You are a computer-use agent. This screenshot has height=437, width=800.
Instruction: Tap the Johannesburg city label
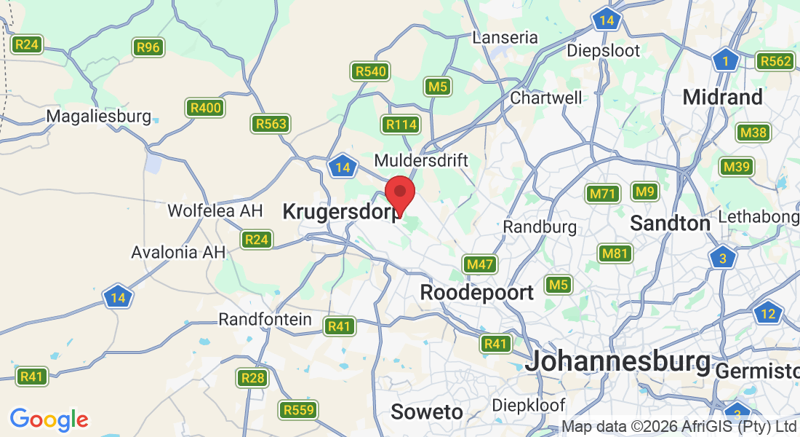(x=617, y=361)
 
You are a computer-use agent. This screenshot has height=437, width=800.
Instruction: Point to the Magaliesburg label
(x=98, y=116)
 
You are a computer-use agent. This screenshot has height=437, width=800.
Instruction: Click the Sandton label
(x=670, y=223)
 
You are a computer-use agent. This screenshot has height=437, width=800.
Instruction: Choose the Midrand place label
(x=723, y=97)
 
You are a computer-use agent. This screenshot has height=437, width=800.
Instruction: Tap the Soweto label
(x=427, y=412)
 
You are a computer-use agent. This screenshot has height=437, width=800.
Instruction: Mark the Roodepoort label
(x=477, y=293)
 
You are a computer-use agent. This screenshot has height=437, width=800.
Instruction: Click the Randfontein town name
(x=265, y=320)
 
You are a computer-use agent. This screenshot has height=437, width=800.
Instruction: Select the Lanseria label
(x=505, y=37)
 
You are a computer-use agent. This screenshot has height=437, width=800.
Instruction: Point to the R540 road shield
(x=370, y=71)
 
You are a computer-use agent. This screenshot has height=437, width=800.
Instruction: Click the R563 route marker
(x=270, y=124)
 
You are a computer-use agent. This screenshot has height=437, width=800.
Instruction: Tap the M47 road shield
(x=480, y=264)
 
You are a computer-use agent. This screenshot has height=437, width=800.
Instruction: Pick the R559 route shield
(x=300, y=410)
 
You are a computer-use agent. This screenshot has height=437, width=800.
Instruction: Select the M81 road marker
(x=615, y=253)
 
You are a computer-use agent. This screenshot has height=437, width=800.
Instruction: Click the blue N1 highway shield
(x=725, y=60)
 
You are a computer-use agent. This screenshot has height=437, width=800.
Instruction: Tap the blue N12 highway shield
(x=767, y=314)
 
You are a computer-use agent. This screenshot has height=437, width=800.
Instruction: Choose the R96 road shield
(x=148, y=47)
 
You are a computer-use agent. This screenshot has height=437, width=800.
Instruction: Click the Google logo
(x=49, y=420)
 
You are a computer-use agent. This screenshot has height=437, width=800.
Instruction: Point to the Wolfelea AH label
(x=215, y=210)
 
